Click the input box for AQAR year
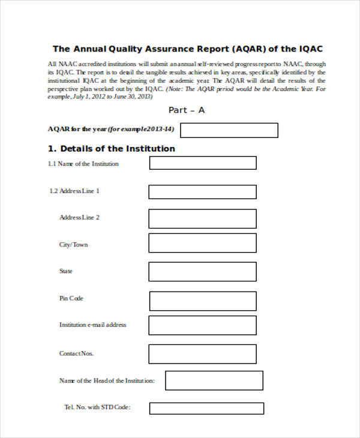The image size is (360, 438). [229, 130]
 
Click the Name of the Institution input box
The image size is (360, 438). [203, 163]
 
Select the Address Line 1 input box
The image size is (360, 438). [203, 191]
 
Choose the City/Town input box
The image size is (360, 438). [203, 243]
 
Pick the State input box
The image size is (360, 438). [203, 271]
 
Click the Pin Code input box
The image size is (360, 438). [203, 301]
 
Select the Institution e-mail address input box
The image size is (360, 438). [203, 325]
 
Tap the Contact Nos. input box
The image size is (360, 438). [203, 353]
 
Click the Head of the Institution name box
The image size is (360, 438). [214, 380]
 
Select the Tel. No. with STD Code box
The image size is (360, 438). [206, 408]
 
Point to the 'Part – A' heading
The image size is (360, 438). [187, 110]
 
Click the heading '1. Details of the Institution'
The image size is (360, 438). [111, 148]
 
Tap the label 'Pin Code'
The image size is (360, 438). [71, 298]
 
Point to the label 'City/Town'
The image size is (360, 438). [73, 245]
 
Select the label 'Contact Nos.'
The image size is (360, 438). [76, 353]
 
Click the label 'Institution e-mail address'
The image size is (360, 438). [92, 325]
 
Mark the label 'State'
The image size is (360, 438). [65, 271]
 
